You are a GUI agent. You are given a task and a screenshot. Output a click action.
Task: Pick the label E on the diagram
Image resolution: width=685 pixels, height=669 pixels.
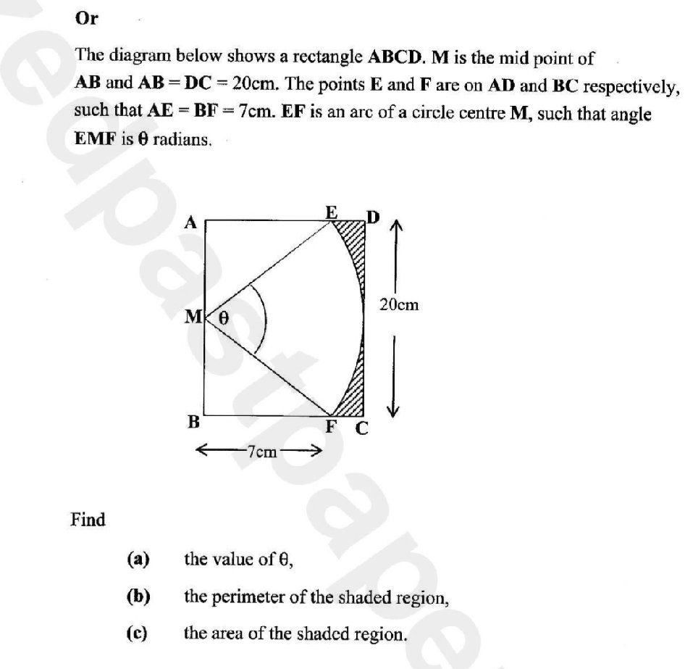(x=331, y=212)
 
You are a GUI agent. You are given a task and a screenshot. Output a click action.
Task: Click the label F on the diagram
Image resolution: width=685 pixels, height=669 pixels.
(x=331, y=427)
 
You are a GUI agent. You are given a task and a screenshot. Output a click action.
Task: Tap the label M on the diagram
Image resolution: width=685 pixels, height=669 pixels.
(x=194, y=317)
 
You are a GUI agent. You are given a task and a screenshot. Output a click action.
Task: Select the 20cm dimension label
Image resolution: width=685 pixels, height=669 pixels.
(x=398, y=305)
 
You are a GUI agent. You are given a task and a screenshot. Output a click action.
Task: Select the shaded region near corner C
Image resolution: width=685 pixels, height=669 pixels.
(x=354, y=399)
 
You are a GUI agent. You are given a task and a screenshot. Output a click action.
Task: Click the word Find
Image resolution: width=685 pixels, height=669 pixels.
(x=88, y=520)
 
